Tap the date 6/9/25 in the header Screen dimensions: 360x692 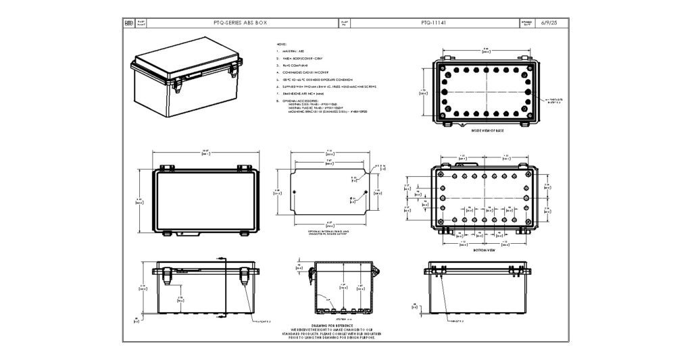pos(549,22)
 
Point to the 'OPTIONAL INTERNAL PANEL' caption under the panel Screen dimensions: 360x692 pos(329,231)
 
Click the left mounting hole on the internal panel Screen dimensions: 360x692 pos(295,192)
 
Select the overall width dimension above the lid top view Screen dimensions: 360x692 pos(205,151)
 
